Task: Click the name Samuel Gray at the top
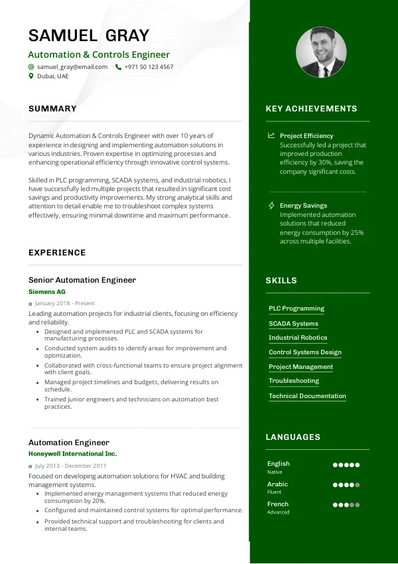coord(89,35)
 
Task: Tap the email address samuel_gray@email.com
coord(72,67)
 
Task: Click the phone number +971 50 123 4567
coord(149,67)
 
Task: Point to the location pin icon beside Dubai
coord(31,76)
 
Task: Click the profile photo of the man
coord(320,52)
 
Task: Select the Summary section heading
coord(52,109)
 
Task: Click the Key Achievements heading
coord(311,109)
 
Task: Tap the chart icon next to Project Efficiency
coord(271,136)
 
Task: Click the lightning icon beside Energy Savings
coord(271,206)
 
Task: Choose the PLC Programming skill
coord(297,309)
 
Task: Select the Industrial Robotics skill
coord(298,338)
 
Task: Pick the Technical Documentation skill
coord(307,396)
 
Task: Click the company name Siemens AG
coord(47,291)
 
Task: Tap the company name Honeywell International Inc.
coord(72,454)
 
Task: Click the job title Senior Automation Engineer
coord(82,280)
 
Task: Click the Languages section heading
coord(293,437)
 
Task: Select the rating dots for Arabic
coord(346,485)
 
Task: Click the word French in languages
coord(278,504)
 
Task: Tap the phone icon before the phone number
coord(118,67)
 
